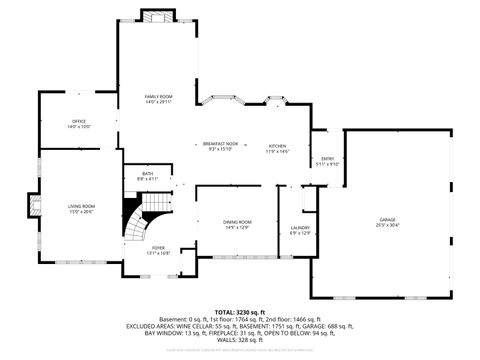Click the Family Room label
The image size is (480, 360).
158,95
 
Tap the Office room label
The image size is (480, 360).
78,121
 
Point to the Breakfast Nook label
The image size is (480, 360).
220,145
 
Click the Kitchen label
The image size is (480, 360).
277,145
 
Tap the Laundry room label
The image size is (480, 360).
300,227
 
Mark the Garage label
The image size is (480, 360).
387,219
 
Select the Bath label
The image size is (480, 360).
147,174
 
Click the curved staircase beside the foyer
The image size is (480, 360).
137,215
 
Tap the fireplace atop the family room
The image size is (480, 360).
158,16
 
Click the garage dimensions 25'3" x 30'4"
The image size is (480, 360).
387,225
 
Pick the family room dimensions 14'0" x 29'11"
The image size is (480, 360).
158,101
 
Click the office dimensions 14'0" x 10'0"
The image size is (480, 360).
78,127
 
